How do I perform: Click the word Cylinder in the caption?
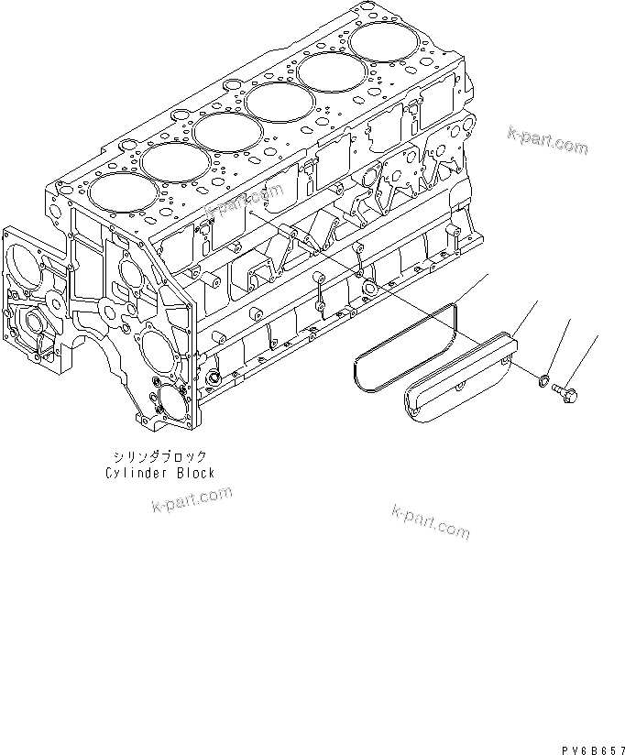click(134, 473)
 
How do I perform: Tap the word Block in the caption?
click(195, 473)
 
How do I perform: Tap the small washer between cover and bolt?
click(544, 378)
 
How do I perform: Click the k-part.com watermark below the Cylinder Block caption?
click(192, 500)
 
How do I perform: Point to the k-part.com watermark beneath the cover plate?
click(430, 521)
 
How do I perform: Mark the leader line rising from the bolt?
click(586, 357)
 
